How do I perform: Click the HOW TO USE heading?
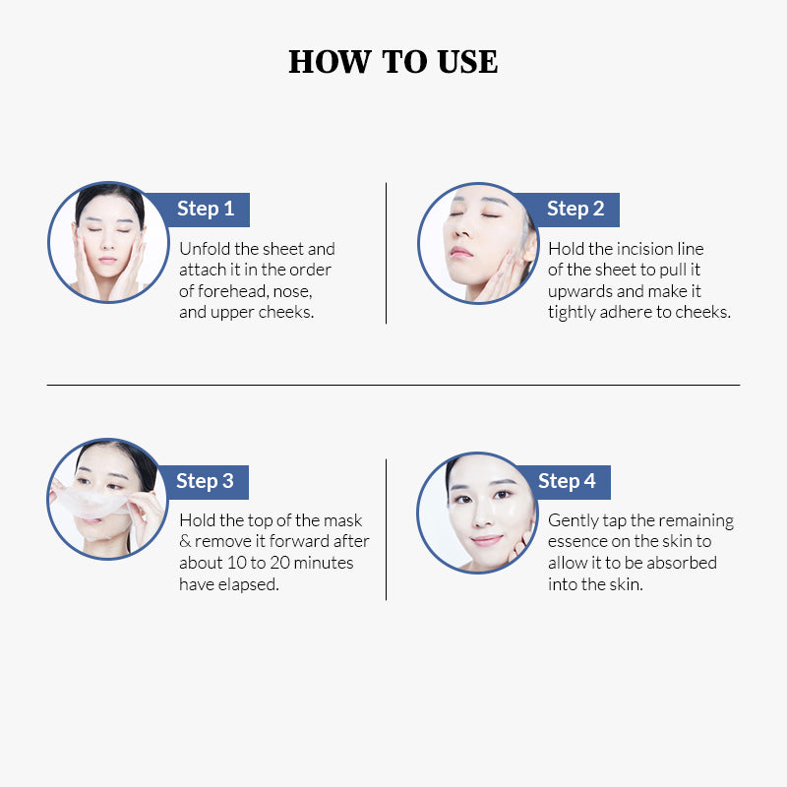coord(393,62)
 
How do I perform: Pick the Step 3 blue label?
coord(205,481)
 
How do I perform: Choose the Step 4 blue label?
coord(567,481)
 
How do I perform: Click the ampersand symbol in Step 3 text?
coord(185,541)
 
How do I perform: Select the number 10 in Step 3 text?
coord(236,563)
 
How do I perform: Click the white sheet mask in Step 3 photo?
coord(91,503)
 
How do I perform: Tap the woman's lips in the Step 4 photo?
coord(486,540)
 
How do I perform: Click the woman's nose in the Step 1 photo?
coord(108,242)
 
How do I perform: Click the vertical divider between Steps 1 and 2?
coord(386,253)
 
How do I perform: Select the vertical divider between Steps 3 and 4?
coord(386,529)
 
